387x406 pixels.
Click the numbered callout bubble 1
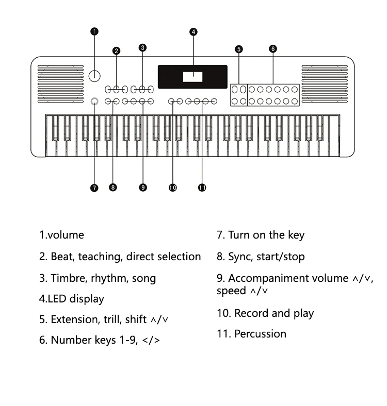(x=94, y=31)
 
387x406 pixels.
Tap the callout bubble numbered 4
(x=193, y=32)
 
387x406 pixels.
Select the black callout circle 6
(x=273, y=48)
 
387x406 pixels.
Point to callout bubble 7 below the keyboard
(x=94, y=188)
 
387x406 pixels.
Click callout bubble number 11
(x=202, y=188)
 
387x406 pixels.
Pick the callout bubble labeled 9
(x=143, y=188)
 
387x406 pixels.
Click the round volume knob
(x=94, y=76)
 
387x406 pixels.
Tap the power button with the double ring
(x=94, y=101)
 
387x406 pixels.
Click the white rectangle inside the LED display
(x=192, y=77)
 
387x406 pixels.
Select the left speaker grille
(x=61, y=83)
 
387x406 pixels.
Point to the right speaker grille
(x=325, y=83)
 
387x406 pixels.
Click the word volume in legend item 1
(x=66, y=235)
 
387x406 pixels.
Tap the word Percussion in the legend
(x=261, y=334)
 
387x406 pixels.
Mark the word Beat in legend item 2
(x=63, y=257)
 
